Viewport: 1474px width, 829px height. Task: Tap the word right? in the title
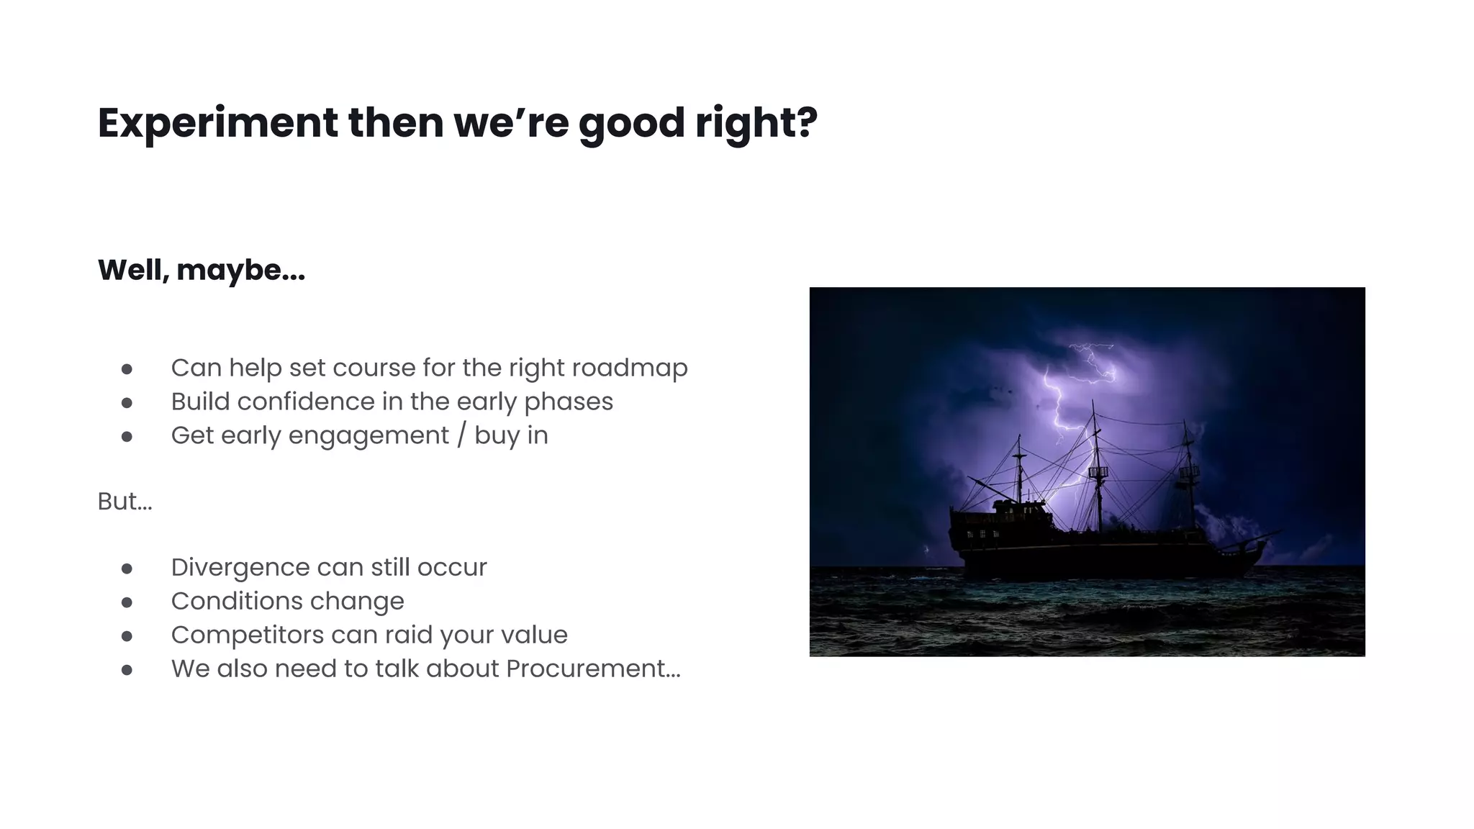(756, 123)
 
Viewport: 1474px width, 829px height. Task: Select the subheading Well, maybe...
(202, 271)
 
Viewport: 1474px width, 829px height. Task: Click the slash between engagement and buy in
(461, 435)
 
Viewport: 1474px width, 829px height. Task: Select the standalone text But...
(125, 502)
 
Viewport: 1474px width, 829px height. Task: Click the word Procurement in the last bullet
(592, 669)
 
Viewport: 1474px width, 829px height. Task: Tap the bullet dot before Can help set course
(127, 369)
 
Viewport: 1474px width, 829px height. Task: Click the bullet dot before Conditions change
(127, 602)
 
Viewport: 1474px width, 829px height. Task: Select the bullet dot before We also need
(127, 670)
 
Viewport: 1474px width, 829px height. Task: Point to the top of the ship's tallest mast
(1093, 403)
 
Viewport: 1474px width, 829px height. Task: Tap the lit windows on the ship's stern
(983, 534)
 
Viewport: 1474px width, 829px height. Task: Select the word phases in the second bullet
(569, 402)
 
